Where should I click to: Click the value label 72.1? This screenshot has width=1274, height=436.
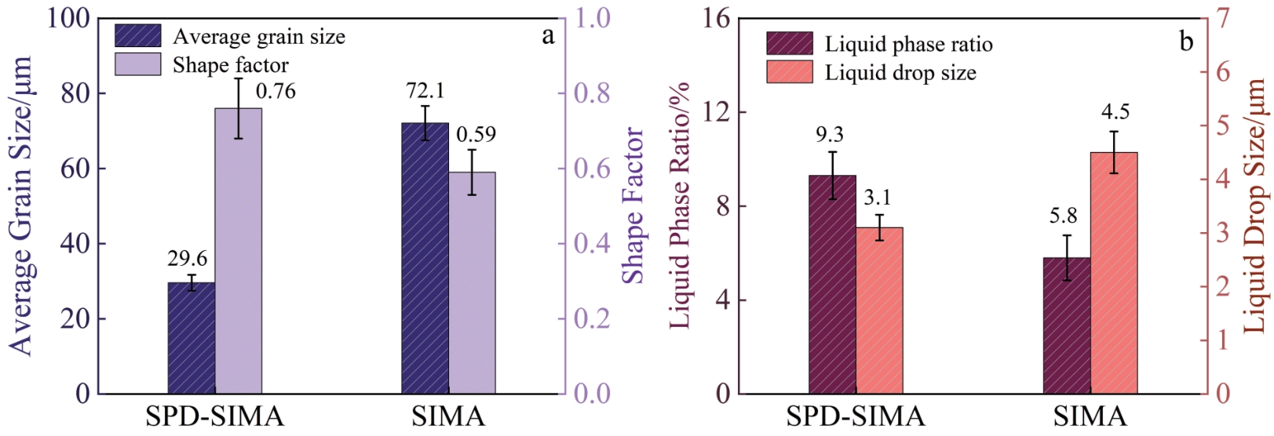[x=425, y=91]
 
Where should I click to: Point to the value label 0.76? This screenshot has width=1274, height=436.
[x=276, y=92]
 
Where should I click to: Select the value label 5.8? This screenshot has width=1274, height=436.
[x=1064, y=216]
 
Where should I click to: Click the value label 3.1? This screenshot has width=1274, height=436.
[x=877, y=198]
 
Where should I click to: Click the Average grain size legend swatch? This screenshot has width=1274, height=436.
[x=138, y=36]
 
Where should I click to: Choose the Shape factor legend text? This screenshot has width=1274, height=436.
[x=231, y=65]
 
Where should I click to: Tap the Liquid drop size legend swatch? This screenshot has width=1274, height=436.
[x=790, y=72]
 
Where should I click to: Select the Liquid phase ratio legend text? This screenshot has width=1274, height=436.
[x=908, y=45]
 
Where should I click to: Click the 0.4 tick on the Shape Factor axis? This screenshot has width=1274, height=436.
[x=592, y=243]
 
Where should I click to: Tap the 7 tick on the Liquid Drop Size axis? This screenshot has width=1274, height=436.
[x=1223, y=19]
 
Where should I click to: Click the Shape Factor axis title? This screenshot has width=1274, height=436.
[x=632, y=205]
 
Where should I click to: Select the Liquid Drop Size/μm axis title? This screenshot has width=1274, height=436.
[x=1256, y=205]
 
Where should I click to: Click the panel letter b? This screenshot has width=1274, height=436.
[x=1186, y=41]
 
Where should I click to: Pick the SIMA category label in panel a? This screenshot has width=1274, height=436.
[x=448, y=416]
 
